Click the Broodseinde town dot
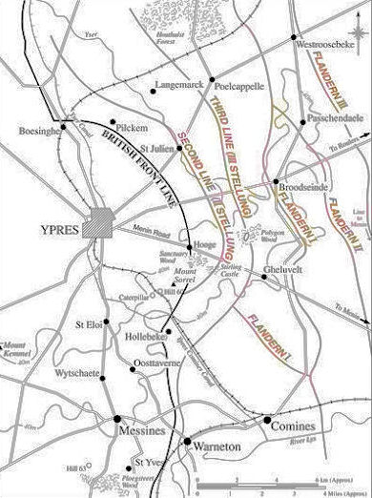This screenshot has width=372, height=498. (276, 179)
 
